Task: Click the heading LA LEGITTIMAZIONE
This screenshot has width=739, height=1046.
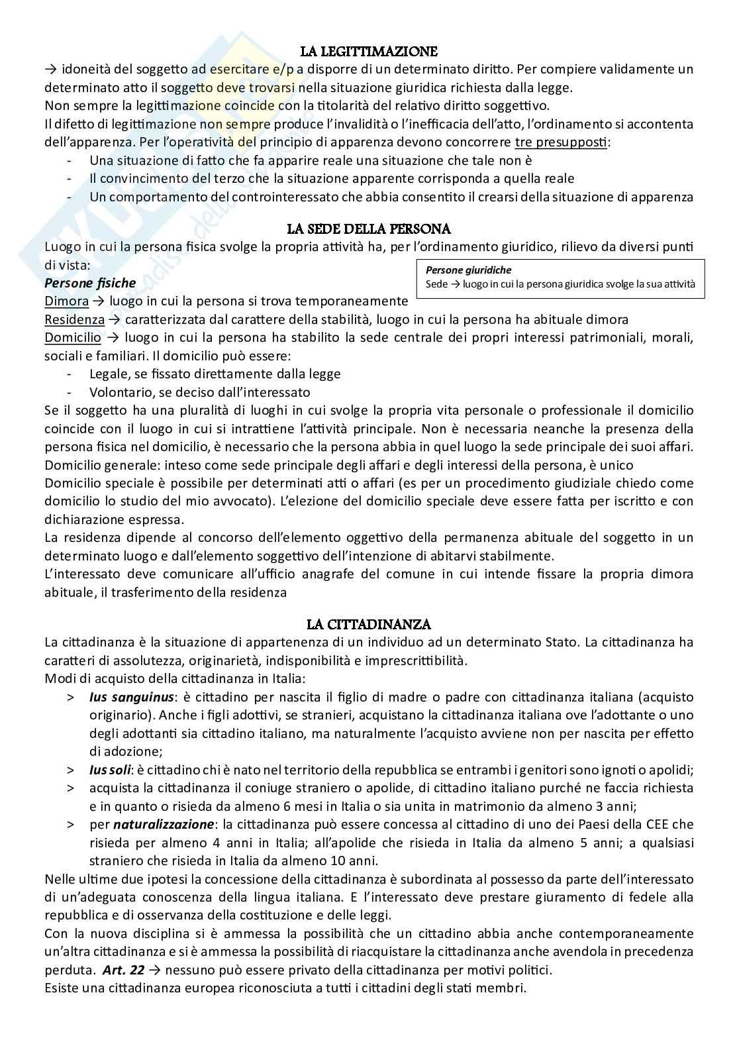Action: point(369,52)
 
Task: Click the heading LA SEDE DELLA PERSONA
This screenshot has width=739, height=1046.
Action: point(369,229)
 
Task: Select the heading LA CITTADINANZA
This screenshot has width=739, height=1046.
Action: point(369,624)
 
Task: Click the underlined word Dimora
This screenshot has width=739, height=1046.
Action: point(66,301)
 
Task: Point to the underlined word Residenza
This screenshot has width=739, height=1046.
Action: point(74,319)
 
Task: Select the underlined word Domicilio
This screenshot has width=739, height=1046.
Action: point(73,337)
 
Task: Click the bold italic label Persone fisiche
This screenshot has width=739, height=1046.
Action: point(90,283)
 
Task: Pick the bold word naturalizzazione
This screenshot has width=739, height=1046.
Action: point(164,825)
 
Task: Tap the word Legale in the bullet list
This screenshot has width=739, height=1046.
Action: point(109,374)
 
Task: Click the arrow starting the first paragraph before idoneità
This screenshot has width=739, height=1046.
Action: point(50,70)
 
